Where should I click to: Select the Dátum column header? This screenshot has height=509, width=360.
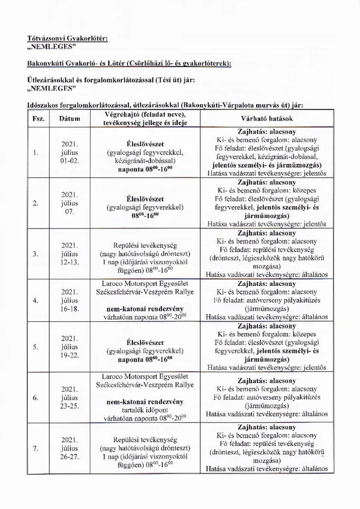(x=70, y=119)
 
